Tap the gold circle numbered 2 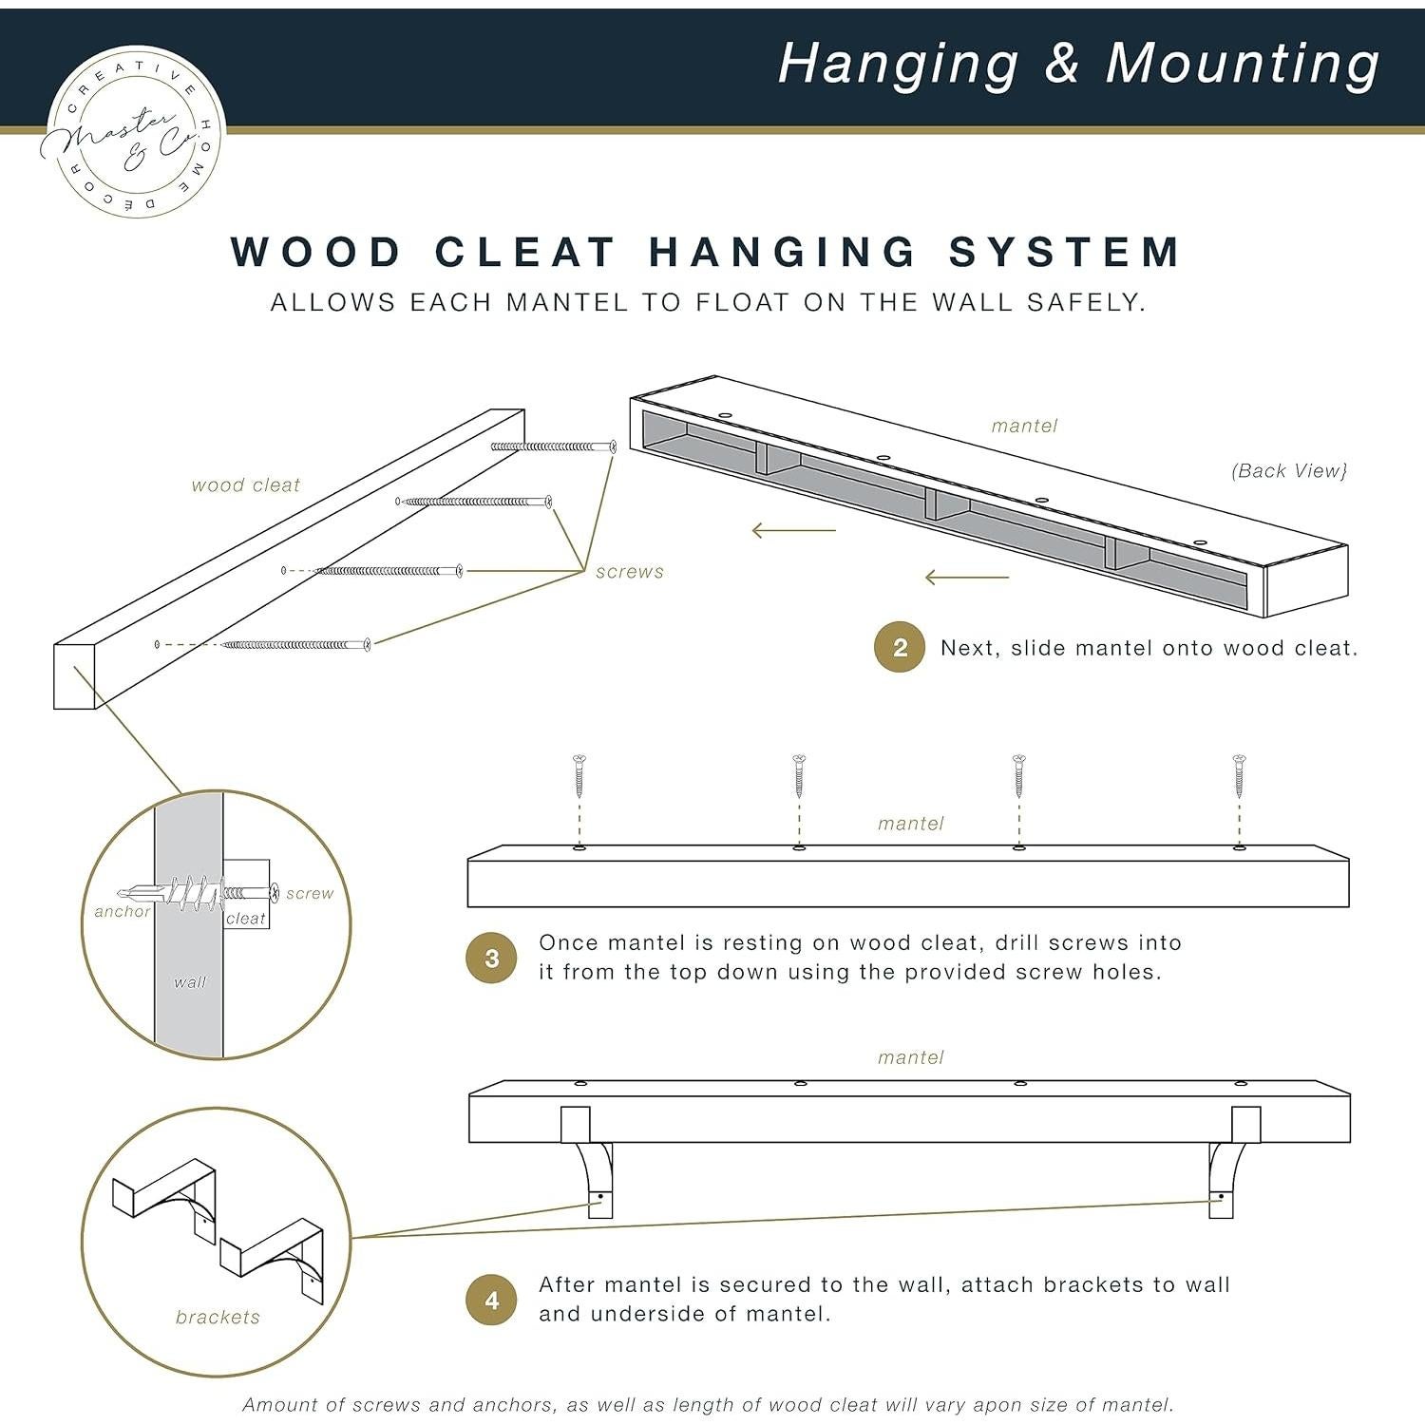pyautogui.click(x=900, y=647)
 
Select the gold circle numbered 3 pyautogui.click(x=491, y=958)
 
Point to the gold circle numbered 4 pyautogui.click(x=491, y=1300)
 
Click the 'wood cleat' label pyautogui.click(x=246, y=485)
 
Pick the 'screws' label pyautogui.click(x=630, y=572)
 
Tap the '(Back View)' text pyautogui.click(x=1289, y=470)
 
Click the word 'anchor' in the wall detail pyautogui.click(x=123, y=911)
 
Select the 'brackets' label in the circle pyautogui.click(x=218, y=1317)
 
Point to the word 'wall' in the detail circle pyautogui.click(x=190, y=982)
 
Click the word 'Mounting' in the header pyautogui.click(x=1243, y=66)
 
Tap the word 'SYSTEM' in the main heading pyautogui.click(x=1065, y=252)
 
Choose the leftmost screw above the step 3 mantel pyautogui.click(x=579, y=776)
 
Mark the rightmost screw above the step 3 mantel pyautogui.click(x=1239, y=776)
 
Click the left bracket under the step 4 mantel pyautogui.click(x=589, y=1162)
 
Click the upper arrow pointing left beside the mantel pyautogui.click(x=794, y=530)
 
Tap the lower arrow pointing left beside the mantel pyautogui.click(x=967, y=577)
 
